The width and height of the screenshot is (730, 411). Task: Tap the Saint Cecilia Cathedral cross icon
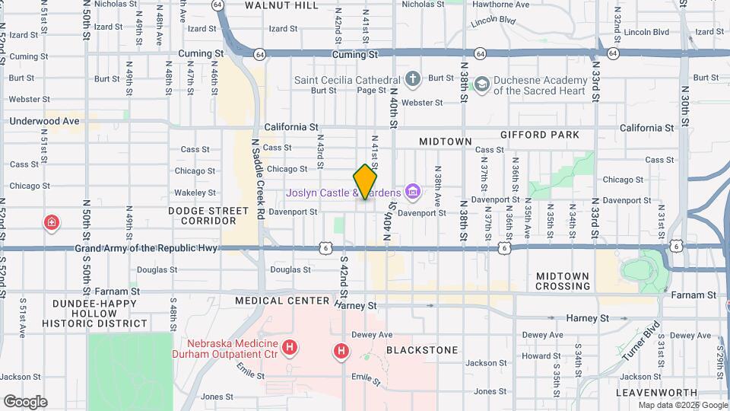pyautogui.click(x=412, y=79)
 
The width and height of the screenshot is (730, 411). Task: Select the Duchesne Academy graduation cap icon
pyautogui.click(x=481, y=84)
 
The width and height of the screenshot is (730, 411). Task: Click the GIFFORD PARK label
pyautogui.click(x=540, y=135)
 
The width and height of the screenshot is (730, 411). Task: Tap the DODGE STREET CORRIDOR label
pyautogui.click(x=208, y=215)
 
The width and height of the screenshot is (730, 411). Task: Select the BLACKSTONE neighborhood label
pyautogui.click(x=422, y=350)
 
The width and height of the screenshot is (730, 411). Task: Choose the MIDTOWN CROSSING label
pyautogui.click(x=563, y=281)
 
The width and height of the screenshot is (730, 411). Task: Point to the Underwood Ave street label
pyautogui.click(x=44, y=121)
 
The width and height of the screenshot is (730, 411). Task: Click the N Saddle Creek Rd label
pyautogui.click(x=259, y=179)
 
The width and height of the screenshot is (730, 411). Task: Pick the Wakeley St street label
pyautogui.click(x=191, y=193)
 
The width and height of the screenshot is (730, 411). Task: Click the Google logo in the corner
pyautogui.click(x=25, y=402)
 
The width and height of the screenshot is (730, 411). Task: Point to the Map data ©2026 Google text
pyautogui.click(x=681, y=405)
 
